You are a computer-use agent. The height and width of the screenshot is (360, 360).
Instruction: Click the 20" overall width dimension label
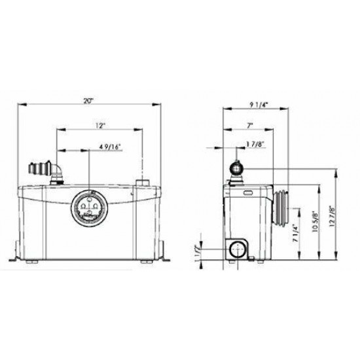pos(89,101)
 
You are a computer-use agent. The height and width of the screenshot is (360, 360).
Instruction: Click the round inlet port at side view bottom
pos(238,250)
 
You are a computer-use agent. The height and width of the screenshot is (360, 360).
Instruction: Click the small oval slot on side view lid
pos(249,193)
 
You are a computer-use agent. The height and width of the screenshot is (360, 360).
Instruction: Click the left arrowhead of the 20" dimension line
pos(20,104)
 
